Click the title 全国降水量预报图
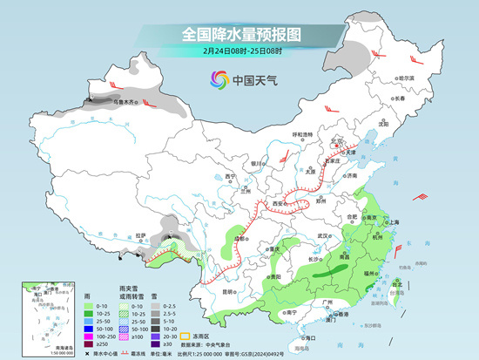pyautogui.click(x=241, y=34)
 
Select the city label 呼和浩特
pyautogui.click(x=301, y=134)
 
